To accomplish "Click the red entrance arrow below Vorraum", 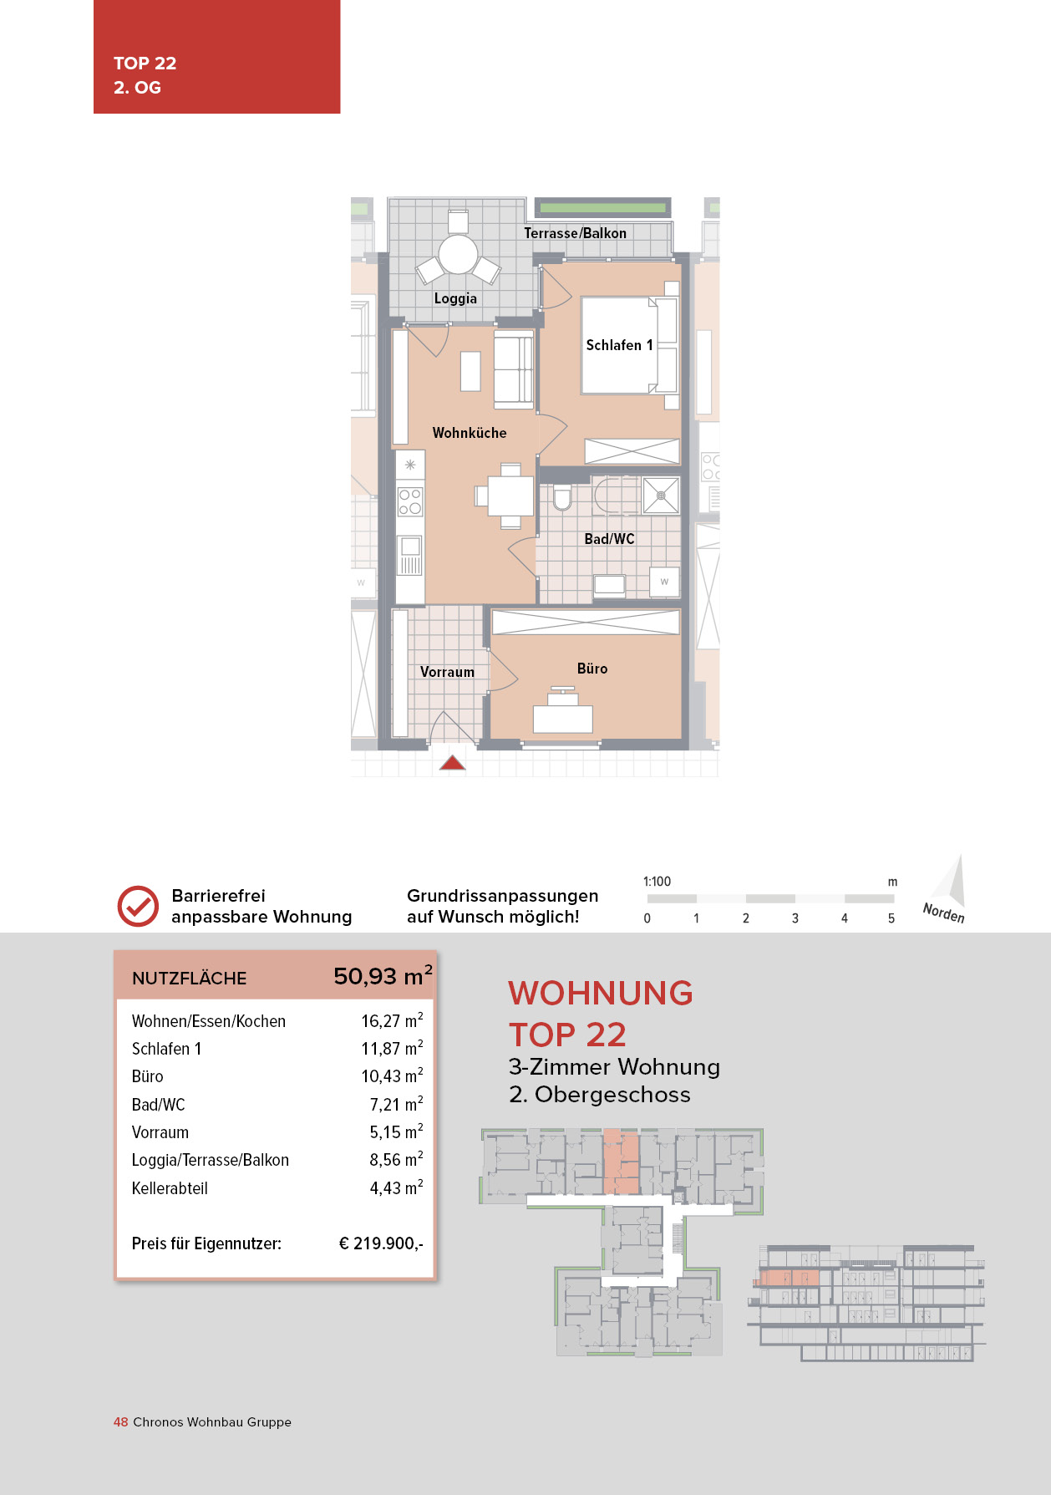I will (x=452, y=762).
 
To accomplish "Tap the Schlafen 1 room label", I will (x=619, y=345).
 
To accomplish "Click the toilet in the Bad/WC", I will (x=561, y=497).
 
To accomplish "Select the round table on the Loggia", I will (x=458, y=254).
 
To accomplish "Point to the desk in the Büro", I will (x=563, y=718).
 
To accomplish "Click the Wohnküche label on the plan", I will (x=470, y=433).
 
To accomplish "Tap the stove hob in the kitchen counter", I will (x=410, y=501).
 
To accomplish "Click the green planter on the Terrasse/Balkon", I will (x=602, y=207).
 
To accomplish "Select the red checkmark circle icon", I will (x=138, y=906).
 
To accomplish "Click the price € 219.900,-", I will (x=381, y=1243).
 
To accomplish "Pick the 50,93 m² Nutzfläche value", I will (x=383, y=976).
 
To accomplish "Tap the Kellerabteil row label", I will (x=170, y=1188).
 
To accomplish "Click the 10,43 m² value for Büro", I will (x=392, y=1076).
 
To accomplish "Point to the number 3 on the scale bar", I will (x=795, y=918).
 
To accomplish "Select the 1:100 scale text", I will (x=657, y=882).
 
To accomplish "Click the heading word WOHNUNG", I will (x=601, y=993).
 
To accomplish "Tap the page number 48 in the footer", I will (x=120, y=1422).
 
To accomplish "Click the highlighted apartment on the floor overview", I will (x=621, y=1162).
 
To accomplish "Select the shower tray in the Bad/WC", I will (x=661, y=496).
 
